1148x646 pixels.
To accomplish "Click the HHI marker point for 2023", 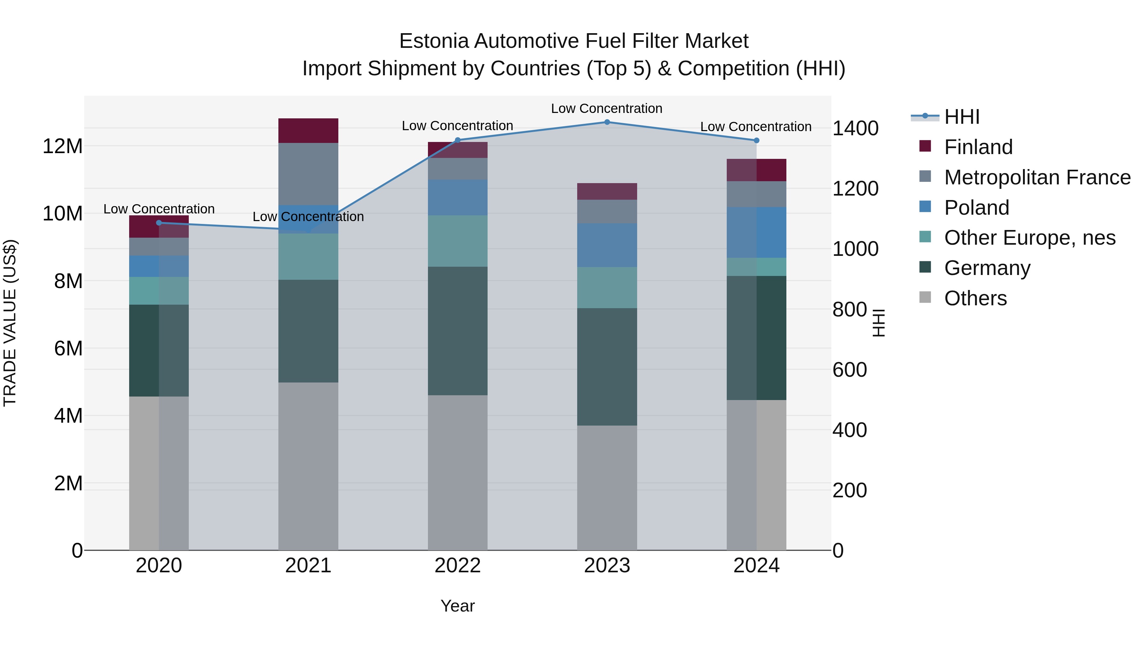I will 607,122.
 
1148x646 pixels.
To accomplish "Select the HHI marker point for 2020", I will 159,223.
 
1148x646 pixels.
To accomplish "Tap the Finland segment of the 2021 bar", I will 308,130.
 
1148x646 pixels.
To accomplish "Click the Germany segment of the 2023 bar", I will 607,367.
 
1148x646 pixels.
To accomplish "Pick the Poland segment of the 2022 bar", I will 457,197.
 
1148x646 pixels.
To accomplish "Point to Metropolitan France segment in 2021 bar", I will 308,174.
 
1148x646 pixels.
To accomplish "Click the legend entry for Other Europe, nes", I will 1029,238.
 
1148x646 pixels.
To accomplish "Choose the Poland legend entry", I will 976,208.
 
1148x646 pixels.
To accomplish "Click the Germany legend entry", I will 987,268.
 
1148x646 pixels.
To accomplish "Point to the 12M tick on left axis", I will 63,146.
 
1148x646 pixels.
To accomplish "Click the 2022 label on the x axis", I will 457,566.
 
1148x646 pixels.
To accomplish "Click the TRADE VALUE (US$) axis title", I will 10,323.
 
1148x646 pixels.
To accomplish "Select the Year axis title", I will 457,606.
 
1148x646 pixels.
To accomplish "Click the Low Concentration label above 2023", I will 607,108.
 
